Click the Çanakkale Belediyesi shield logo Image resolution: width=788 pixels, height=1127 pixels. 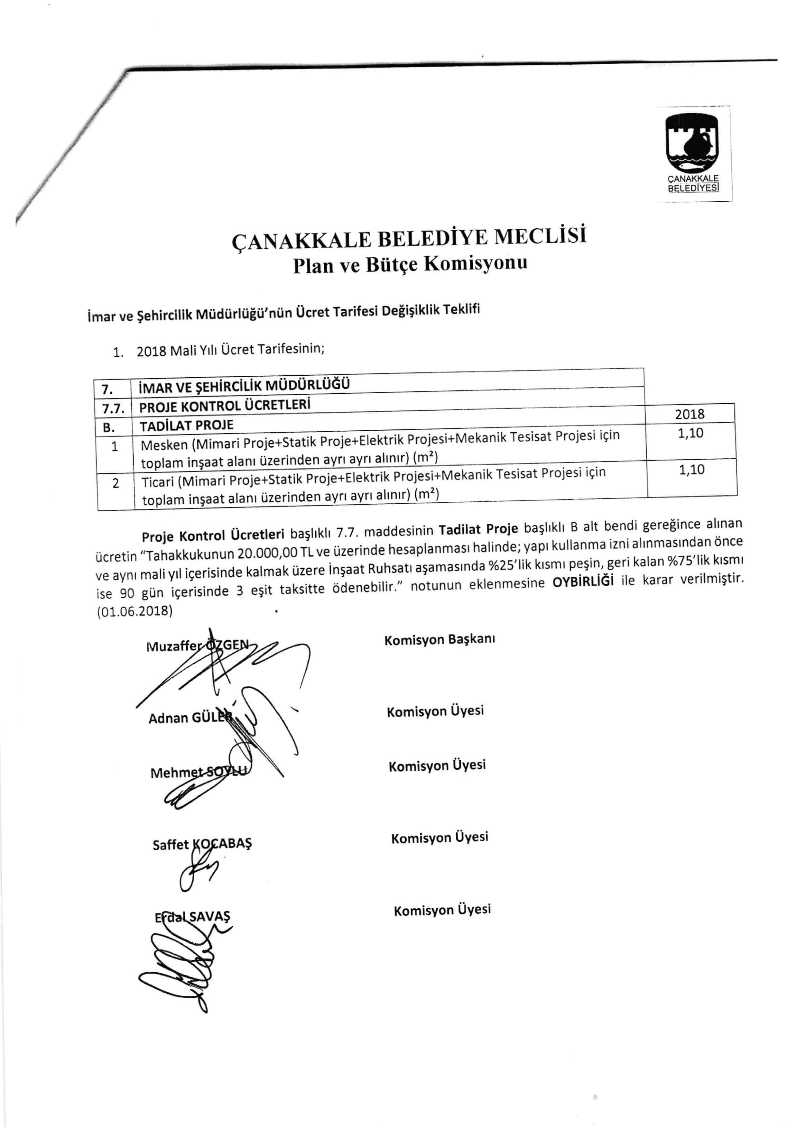[x=692, y=142]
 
